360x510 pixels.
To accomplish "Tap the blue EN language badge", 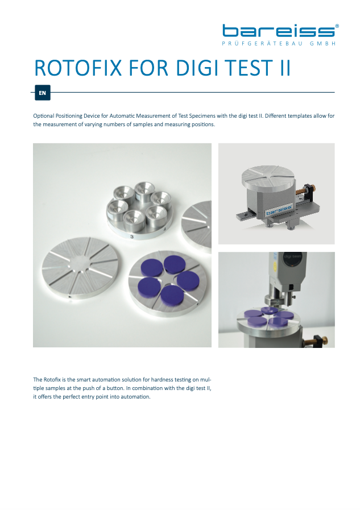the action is [42, 93].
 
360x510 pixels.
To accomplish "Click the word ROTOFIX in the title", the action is [78, 68].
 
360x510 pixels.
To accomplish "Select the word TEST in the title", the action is [249, 68].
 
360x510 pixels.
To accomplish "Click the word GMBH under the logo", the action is [323, 44].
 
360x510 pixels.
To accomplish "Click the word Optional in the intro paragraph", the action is [44, 116].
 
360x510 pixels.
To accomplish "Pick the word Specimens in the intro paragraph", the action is [202, 116].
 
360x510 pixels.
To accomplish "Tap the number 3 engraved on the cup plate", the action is [132, 237].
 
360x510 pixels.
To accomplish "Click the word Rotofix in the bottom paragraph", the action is [52, 380].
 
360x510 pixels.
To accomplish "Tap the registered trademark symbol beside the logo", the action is [337, 26].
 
